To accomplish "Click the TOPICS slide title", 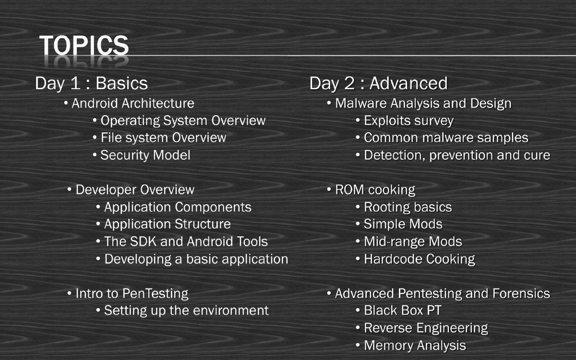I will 84,45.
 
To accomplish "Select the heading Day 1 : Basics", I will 91,83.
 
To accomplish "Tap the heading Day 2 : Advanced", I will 378,83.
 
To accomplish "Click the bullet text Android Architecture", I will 132,103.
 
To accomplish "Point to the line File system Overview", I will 163,138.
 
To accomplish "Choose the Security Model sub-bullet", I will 145,155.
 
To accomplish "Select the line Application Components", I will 178,207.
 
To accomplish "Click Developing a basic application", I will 196,259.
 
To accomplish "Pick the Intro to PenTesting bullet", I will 132,293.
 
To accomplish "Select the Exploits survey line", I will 408,120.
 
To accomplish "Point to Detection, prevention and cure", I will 456,155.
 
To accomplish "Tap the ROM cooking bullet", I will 375,190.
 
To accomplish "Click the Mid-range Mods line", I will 413,241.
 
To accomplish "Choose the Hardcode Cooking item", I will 419,259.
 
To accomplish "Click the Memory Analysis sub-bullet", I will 415,345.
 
